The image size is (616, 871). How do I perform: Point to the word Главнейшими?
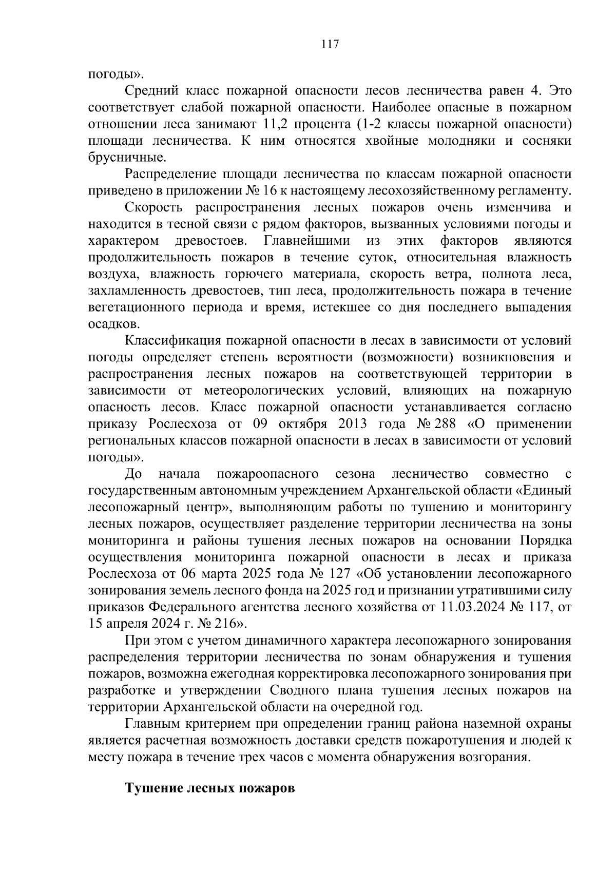[307, 241]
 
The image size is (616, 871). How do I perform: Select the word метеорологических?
[264, 391]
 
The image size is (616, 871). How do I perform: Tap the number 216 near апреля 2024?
[224, 624]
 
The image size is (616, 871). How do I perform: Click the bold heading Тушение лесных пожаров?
[210, 788]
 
